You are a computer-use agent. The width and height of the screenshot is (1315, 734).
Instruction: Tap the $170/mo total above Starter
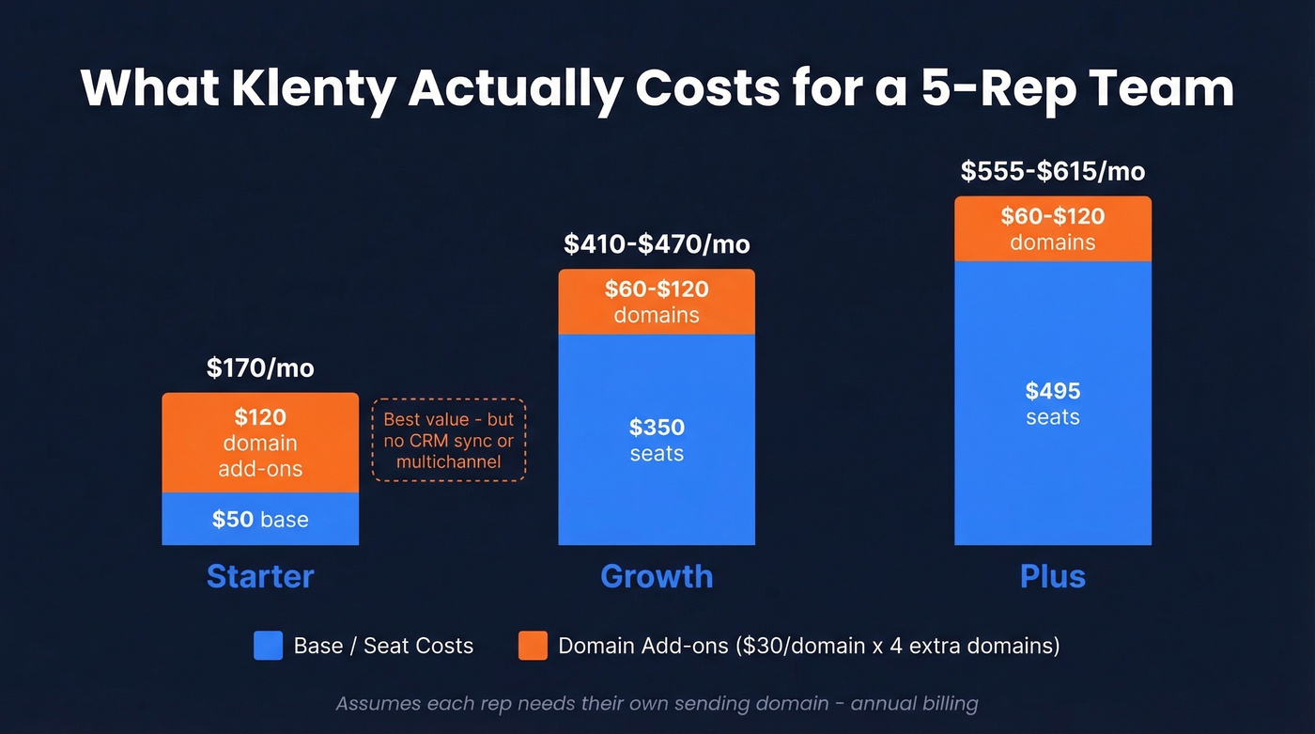coord(260,367)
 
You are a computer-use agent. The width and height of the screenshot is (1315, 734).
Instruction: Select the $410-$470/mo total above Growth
coord(657,244)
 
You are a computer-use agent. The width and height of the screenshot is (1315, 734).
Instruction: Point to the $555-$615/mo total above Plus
coord(1052,171)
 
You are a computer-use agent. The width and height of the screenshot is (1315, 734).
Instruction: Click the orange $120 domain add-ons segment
coord(260,443)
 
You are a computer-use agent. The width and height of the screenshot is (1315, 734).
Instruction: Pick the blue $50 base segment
coord(260,519)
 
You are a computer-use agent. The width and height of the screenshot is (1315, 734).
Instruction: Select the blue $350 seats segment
coord(657,440)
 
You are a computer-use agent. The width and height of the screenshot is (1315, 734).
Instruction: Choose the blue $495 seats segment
coord(1052,403)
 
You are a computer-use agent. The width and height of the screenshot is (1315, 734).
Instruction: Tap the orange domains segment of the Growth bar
coord(657,302)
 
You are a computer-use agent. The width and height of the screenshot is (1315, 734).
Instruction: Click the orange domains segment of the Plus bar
coord(1052,228)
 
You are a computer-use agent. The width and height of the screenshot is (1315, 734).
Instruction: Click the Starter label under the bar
coord(260,576)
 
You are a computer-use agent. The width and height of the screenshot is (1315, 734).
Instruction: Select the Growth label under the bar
coord(657,576)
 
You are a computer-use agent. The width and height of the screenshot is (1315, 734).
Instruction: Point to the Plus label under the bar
coord(1052,576)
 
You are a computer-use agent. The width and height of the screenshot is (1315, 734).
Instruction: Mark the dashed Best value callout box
coord(449,440)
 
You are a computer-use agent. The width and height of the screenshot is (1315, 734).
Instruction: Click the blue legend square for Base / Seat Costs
coord(268,646)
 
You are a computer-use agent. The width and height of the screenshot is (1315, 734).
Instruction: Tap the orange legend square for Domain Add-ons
coord(533,646)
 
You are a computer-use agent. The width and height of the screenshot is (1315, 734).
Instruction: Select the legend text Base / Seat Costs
coord(383,646)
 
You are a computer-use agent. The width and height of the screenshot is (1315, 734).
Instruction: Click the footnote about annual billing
coord(657,703)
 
